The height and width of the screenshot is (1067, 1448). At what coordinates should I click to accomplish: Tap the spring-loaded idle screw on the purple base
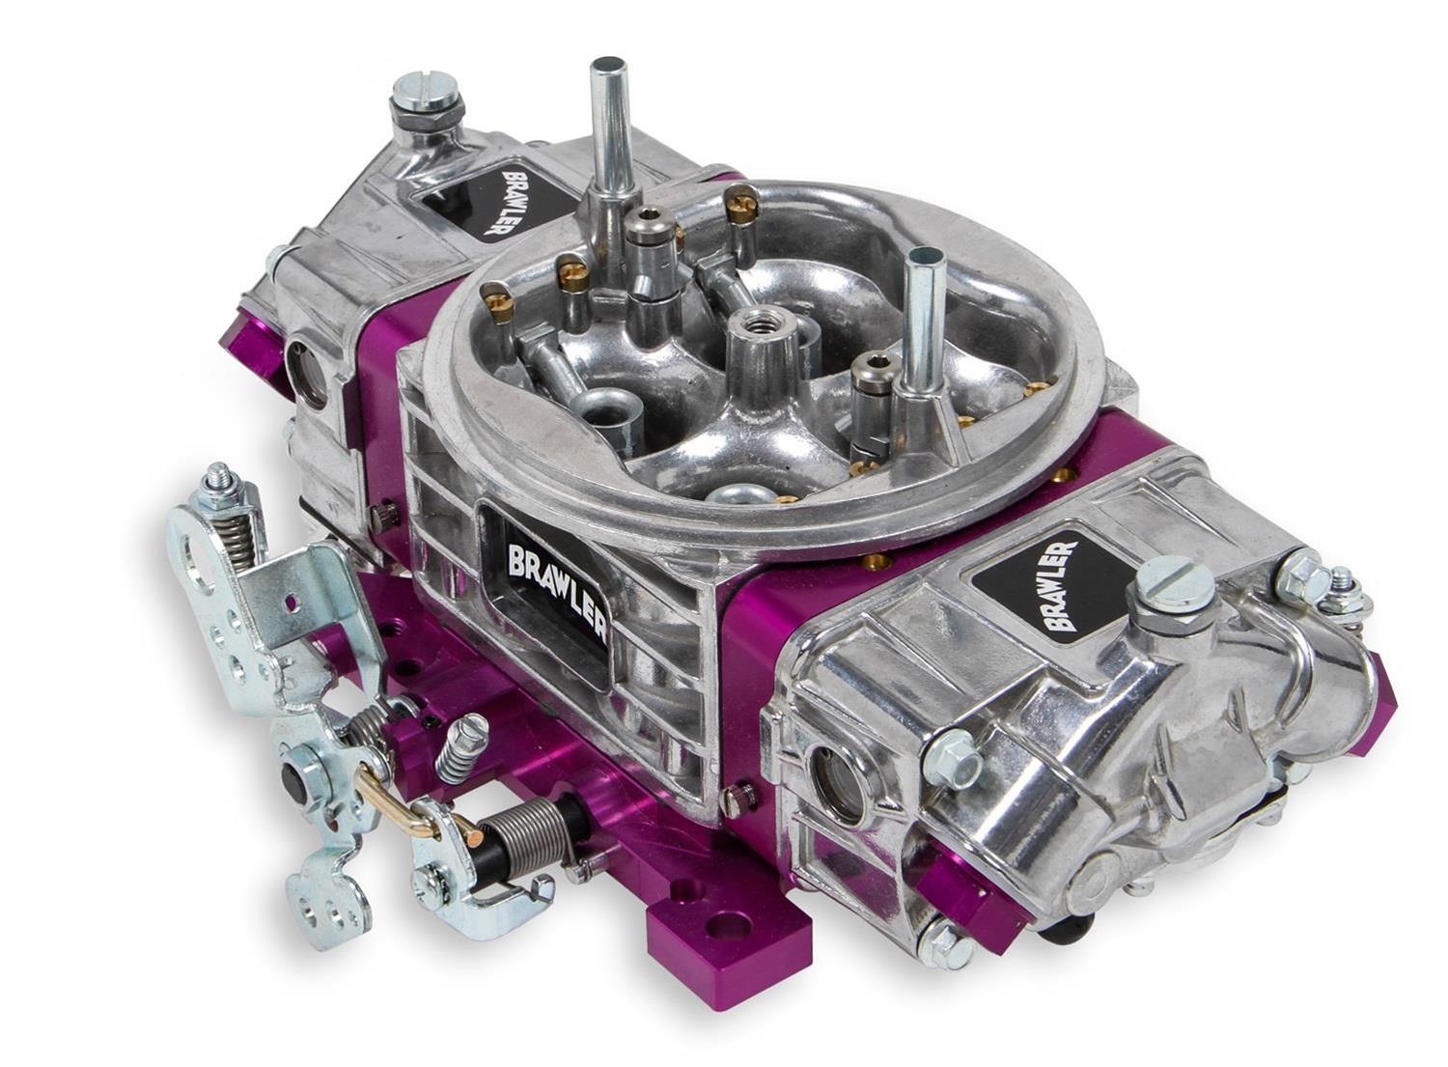click(461, 744)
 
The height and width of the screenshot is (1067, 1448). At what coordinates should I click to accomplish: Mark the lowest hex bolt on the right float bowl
click(933, 935)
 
